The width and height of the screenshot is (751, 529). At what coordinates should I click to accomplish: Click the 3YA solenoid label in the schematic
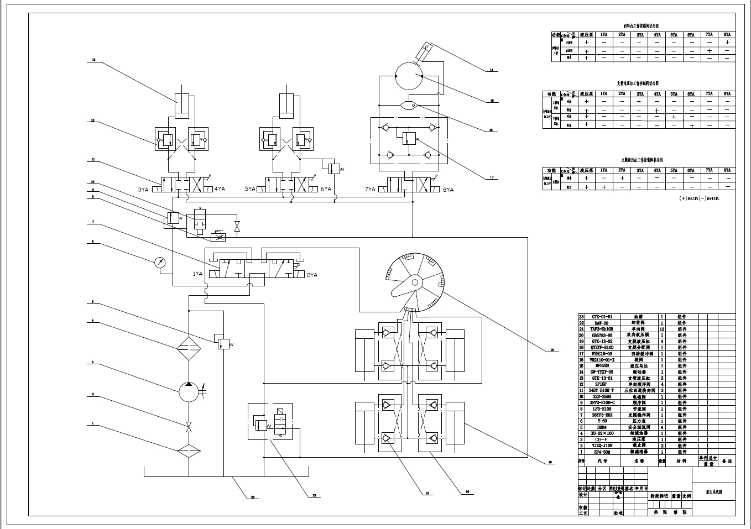pyautogui.click(x=143, y=190)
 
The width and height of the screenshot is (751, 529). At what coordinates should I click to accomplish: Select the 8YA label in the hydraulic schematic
pyautogui.click(x=447, y=190)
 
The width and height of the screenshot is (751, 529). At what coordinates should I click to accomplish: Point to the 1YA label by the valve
pyautogui.click(x=197, y=274)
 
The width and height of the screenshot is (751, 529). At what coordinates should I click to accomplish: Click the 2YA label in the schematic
pyautogui.click(x=312, y=275)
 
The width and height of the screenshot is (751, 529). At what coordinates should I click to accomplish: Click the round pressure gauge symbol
pyautogui.click(x=161, y=263)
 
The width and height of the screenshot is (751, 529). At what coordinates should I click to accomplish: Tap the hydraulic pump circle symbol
pyautogui.click(x=189, y=393)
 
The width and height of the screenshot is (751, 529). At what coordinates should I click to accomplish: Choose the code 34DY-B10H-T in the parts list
pyautogui.click(x=602, y=390)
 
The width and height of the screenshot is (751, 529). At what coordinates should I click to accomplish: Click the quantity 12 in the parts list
pyautogui.click(x=661, y=329)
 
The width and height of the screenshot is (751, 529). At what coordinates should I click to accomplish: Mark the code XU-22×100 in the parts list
pyautogui.click(x=602, y=433)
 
